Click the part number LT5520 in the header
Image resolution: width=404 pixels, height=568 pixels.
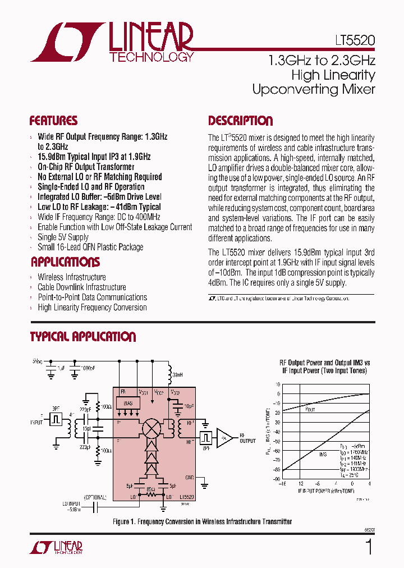coord(352,41)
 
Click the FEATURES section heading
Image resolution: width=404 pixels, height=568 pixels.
coord(53,121)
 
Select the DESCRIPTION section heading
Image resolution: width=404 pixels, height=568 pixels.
coord(240,121)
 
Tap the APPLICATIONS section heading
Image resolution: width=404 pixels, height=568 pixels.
coord(65,262)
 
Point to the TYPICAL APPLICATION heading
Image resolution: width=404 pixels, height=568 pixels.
coord(82,337)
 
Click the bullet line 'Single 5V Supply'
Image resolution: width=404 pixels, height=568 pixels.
coord(63,237)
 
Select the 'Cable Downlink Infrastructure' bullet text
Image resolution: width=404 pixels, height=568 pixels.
coord(81,287)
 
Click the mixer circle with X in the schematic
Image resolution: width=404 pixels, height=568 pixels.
coord(150,428)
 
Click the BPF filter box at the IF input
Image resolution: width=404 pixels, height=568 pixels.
coord(56,418)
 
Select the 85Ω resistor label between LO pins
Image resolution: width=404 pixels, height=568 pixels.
coord(150,489)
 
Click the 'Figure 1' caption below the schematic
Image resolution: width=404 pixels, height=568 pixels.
coord(202,521)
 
